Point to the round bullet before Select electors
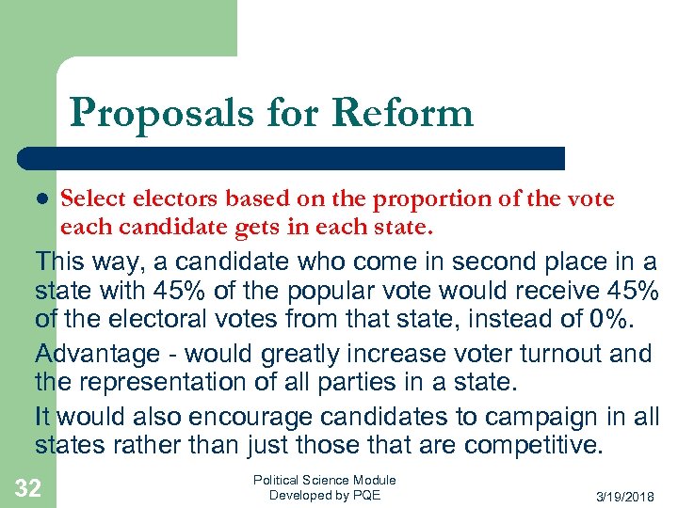pos(41,200)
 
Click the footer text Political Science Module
pos(325,480)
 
